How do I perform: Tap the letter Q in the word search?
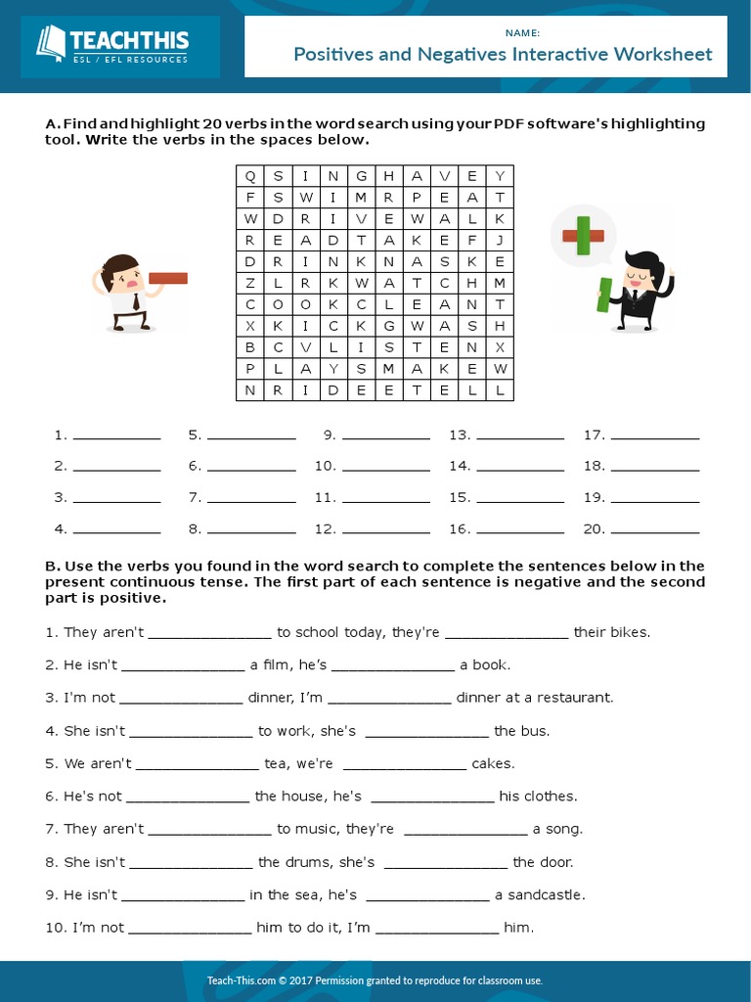250,176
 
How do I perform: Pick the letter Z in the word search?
250,283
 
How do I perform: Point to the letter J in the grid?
500,240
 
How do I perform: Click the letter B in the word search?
250,347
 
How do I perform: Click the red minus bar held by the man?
167,279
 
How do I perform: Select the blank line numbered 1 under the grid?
116,437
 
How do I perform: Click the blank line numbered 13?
520,437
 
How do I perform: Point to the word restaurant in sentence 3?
576,699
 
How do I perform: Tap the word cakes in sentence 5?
493,764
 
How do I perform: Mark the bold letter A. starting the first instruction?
53,124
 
